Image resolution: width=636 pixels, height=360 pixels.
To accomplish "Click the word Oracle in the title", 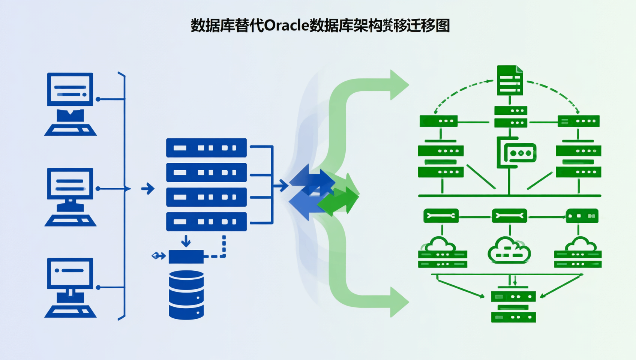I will click(286, 25).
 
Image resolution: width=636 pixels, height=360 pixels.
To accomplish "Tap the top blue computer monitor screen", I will click(70, 89).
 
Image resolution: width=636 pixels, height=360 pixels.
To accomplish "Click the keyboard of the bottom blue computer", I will click(70, 311).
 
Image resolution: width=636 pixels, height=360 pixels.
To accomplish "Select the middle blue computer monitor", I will click(70, 184).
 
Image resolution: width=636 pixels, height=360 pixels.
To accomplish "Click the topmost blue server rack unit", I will click(206, 148).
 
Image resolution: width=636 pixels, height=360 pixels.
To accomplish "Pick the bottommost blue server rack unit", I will click(206, 222).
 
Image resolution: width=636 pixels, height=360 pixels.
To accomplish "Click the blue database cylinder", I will click(186, 295).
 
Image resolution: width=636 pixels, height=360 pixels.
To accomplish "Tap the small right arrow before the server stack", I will click(148, 189).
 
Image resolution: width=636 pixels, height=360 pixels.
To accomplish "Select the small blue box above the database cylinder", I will click(186, 257).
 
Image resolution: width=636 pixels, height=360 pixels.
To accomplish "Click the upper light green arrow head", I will click(398, 85).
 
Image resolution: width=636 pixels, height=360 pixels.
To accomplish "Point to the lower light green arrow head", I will click(398, 302).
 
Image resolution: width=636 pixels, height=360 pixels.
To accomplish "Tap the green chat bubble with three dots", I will click(520, 153).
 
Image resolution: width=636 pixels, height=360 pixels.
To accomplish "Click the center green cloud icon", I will click(509, 250).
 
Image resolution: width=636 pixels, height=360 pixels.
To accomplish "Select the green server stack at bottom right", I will click(513, 307).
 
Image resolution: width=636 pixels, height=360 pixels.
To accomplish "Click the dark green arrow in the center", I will click(339, 201).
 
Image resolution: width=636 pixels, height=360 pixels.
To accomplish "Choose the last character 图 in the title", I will click(443, 25).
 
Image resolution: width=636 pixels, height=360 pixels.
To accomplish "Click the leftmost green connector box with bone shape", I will click(441, 216).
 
